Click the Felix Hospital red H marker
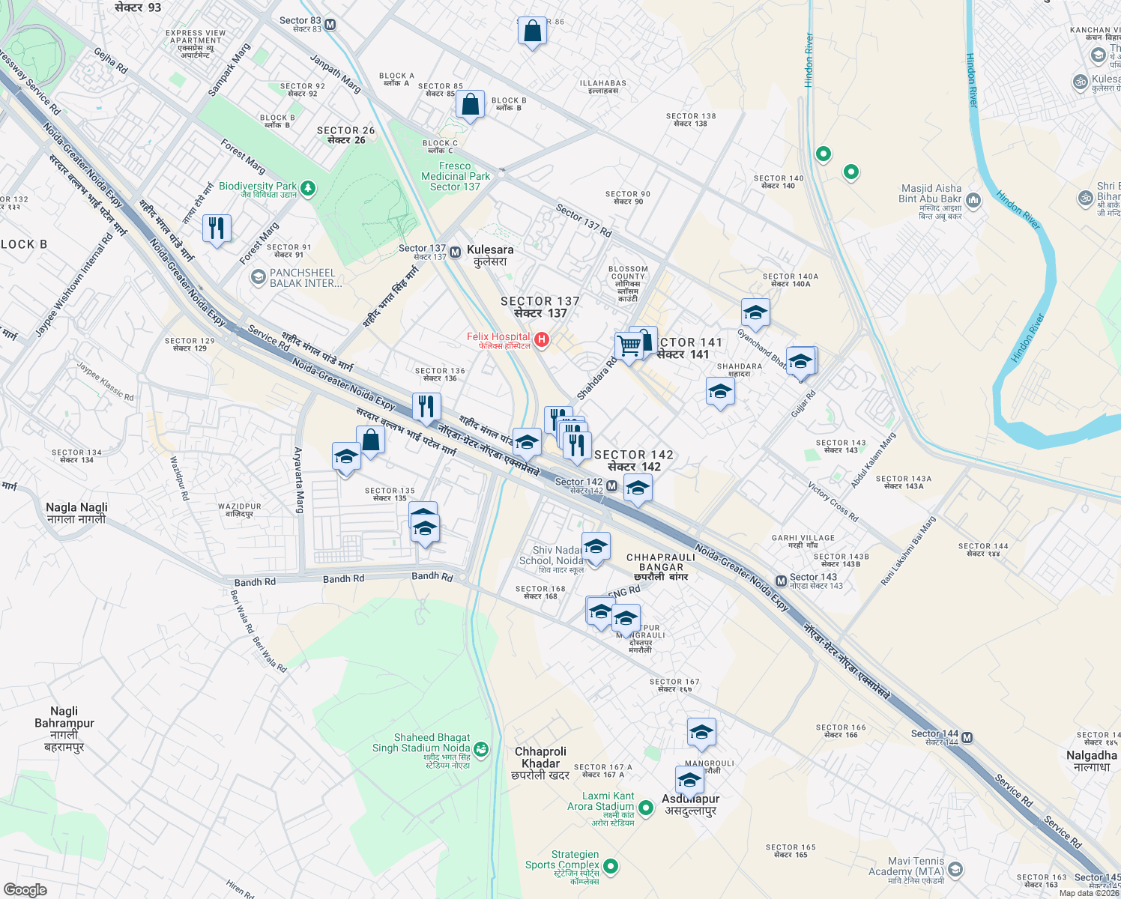[542, 341]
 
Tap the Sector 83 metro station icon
[330, 25]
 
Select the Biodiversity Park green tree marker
[308, 187]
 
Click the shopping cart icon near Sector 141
[629, 345]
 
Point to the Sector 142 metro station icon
[612, 487]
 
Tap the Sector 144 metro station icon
[967, 738]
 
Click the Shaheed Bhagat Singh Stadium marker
[481, 748]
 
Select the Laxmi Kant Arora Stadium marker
[645, 808]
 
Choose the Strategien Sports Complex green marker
[611, 866]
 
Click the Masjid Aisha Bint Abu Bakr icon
[973, 200]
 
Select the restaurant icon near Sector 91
[217, 227]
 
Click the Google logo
[25, 890]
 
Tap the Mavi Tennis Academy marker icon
[955, 870]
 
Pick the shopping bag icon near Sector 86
[532, 31]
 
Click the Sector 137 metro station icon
[455, 252]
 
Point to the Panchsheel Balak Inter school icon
[258, 278]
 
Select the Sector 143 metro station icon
[781, 581]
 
